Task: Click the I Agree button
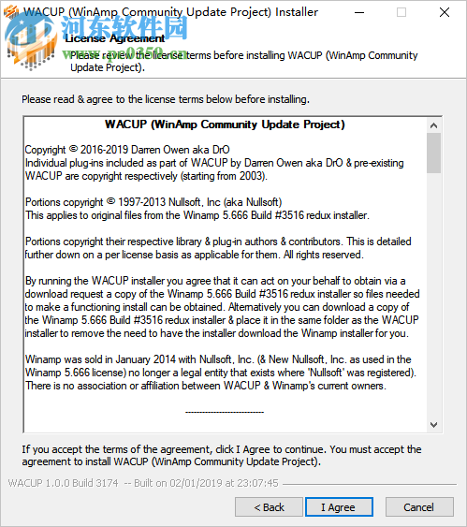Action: click(x=338, y=507)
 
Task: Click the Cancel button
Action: click(x=418, y=507)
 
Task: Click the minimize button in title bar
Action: click(x=359, y=13)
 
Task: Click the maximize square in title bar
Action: click(x=401, y=13)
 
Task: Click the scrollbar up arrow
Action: click(x=433, y=124)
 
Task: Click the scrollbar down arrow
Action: click(x=433, y=425)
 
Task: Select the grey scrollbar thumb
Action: click(x=433, y=154)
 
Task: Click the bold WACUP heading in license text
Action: click(x=225, y=124)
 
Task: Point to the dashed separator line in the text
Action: click(x=225, y=411)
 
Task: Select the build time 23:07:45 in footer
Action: click(x=257, y=484)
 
